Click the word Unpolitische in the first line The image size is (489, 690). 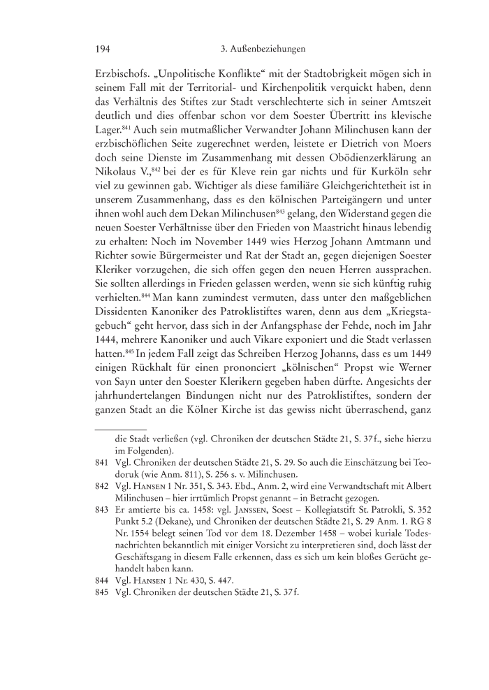(181, 72)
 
